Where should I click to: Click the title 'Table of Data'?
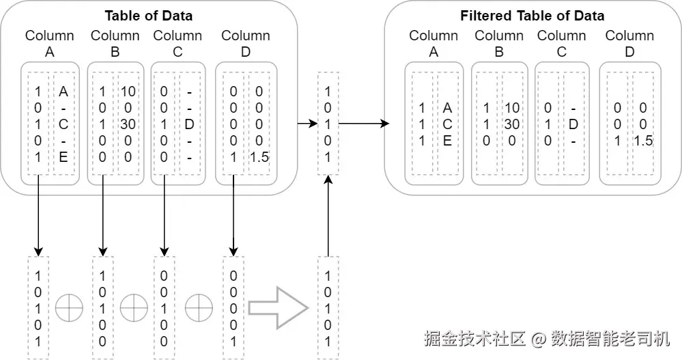(148, 16)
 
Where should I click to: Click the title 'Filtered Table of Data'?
(532, 16)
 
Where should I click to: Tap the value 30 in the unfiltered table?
(128, 124)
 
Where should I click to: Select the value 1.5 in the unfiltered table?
(259, 157)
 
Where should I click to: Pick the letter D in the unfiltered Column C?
(189, 124)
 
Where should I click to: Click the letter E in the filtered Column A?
(447, 141)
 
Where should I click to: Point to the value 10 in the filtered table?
(512, 108)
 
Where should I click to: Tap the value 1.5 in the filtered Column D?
(643, 141)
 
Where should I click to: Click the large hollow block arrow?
(279, 308)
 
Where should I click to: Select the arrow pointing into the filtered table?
(364, 124)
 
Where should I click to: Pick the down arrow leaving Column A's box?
(38, 215)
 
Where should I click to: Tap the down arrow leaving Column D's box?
(233, 215)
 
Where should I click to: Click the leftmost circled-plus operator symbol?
(69, 308)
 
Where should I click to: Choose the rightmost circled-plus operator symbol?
(199, 308)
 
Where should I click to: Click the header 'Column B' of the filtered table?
(499, 44)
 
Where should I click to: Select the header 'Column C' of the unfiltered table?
(177, 44)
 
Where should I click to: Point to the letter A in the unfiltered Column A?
(63, 92)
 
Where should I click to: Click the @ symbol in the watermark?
(539, 339)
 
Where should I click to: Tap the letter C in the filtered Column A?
(447, 124)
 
